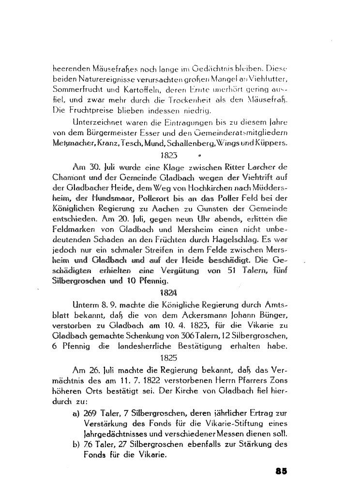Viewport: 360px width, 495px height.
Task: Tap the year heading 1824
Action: (167, 292)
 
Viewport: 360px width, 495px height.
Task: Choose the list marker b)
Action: (75, 444)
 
